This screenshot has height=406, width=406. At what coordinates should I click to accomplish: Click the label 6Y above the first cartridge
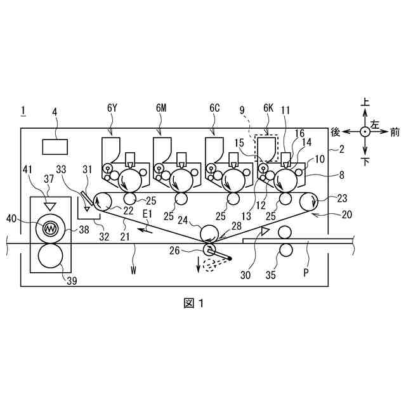tap(112, 108)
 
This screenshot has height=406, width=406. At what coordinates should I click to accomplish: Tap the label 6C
tap(214, 108)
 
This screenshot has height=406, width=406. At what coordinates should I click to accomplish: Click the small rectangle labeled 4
tap(55, 146)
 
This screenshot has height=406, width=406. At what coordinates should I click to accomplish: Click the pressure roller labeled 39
tap(49, 257)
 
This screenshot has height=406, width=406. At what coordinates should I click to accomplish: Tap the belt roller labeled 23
tap(311, 202)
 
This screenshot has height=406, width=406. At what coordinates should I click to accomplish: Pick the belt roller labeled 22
tap(102, 202)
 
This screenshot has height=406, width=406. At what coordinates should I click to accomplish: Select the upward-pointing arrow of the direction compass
tap(365, 114)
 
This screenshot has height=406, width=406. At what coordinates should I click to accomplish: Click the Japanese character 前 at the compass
tap(395, 132)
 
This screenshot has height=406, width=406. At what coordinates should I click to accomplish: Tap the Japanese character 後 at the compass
tap(336, 132)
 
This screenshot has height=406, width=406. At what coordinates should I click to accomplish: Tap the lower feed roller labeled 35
tap(285, 250)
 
